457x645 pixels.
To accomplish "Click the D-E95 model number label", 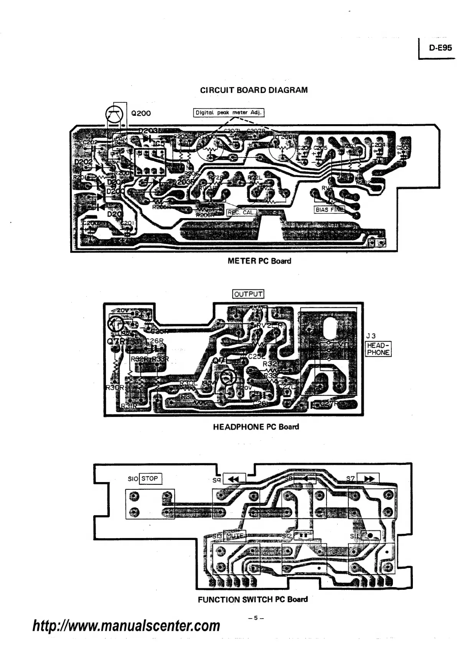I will pos(441,49).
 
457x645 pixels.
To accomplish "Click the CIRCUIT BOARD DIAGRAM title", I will pos(254,90).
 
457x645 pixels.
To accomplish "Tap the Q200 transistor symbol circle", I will pos(114,114).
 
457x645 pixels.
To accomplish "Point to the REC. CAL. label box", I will pos(241,212).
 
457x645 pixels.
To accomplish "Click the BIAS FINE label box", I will pos(329,210).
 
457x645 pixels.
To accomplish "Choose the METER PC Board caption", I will pos(259,261).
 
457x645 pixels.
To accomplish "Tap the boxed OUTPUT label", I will pos(248,294).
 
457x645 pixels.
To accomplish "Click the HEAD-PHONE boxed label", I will pos(378,349).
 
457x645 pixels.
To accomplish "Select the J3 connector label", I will pos(371,336).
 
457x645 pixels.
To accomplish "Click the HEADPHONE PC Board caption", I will pos(256,427).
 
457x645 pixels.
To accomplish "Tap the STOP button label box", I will pos(150,478).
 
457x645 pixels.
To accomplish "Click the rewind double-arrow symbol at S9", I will pos(234,479).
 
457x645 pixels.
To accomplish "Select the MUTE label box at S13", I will pos(234,536).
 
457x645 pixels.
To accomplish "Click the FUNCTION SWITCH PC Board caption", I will pos(252,599).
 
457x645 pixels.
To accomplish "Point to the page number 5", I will pos(254,618).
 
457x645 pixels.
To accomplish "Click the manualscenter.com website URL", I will pos(126,626).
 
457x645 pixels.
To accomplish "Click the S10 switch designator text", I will pos(133,479).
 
